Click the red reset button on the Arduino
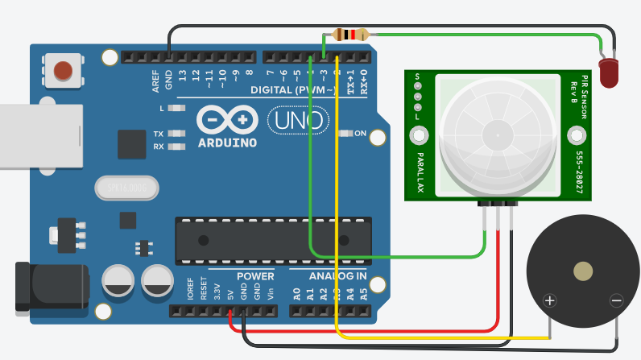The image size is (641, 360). point(63,71)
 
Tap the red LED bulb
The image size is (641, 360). point(610,71)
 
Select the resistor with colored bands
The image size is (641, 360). point(350,35)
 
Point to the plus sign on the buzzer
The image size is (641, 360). point(550,301)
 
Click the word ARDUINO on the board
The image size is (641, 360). point(226,143)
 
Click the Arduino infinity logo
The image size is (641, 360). point(226,119)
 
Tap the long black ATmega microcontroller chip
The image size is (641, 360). point(274,240)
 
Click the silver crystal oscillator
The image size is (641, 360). point(126,188)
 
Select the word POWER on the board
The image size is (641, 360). point(255,276)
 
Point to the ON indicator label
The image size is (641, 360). point(360,133)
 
